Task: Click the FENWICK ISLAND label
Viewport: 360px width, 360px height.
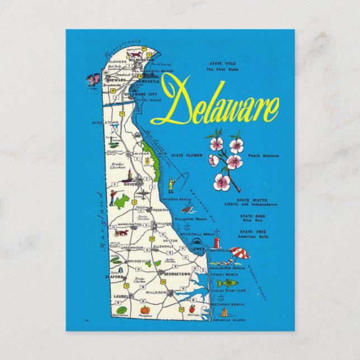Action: click(226, 319)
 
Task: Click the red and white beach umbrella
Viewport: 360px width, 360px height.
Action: click(240, 253)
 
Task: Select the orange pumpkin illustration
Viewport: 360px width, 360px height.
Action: click(144, 309)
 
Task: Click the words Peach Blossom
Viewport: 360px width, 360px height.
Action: click(263, 156)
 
